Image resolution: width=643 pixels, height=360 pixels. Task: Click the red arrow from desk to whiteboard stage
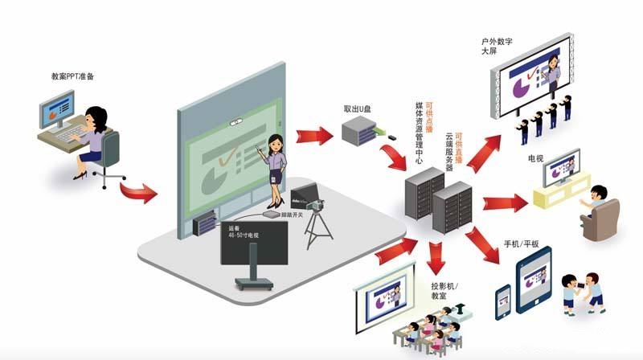pyautogui.click(x=140, y=191)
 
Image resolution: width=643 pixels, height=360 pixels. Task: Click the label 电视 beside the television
pyautogui.click(x=535, y=160)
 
